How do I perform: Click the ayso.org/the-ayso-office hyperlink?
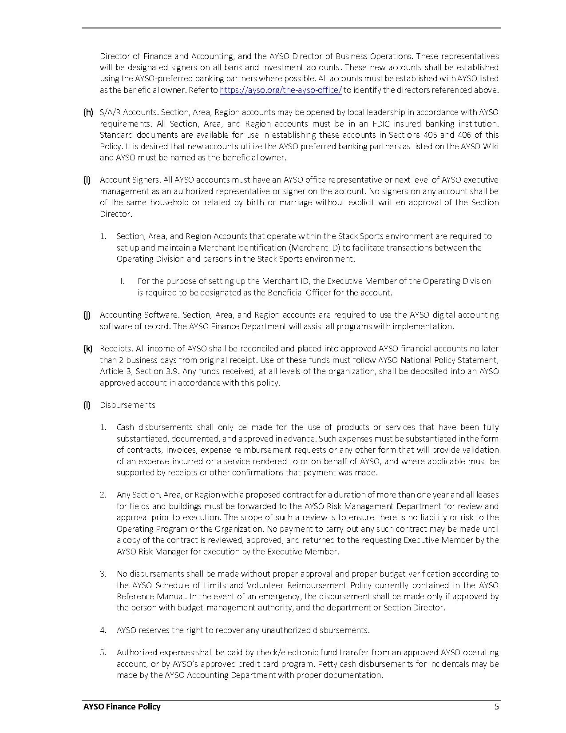[x=281, y=90]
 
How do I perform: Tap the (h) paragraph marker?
[x=88, y=112]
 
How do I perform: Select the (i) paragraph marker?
[x=87, y=180]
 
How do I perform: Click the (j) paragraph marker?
[x=87, y=315]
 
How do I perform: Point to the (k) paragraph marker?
[x=87, y=349]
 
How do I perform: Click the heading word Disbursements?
[x=127, y=405]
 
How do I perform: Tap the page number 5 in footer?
[x=497, y=707]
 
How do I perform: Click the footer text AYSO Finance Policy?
[x=122, y=707]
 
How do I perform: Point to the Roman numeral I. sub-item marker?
[x=122, y=281]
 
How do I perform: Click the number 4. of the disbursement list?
[x=103, y=630]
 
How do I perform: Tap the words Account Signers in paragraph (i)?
[x=130, y=180]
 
